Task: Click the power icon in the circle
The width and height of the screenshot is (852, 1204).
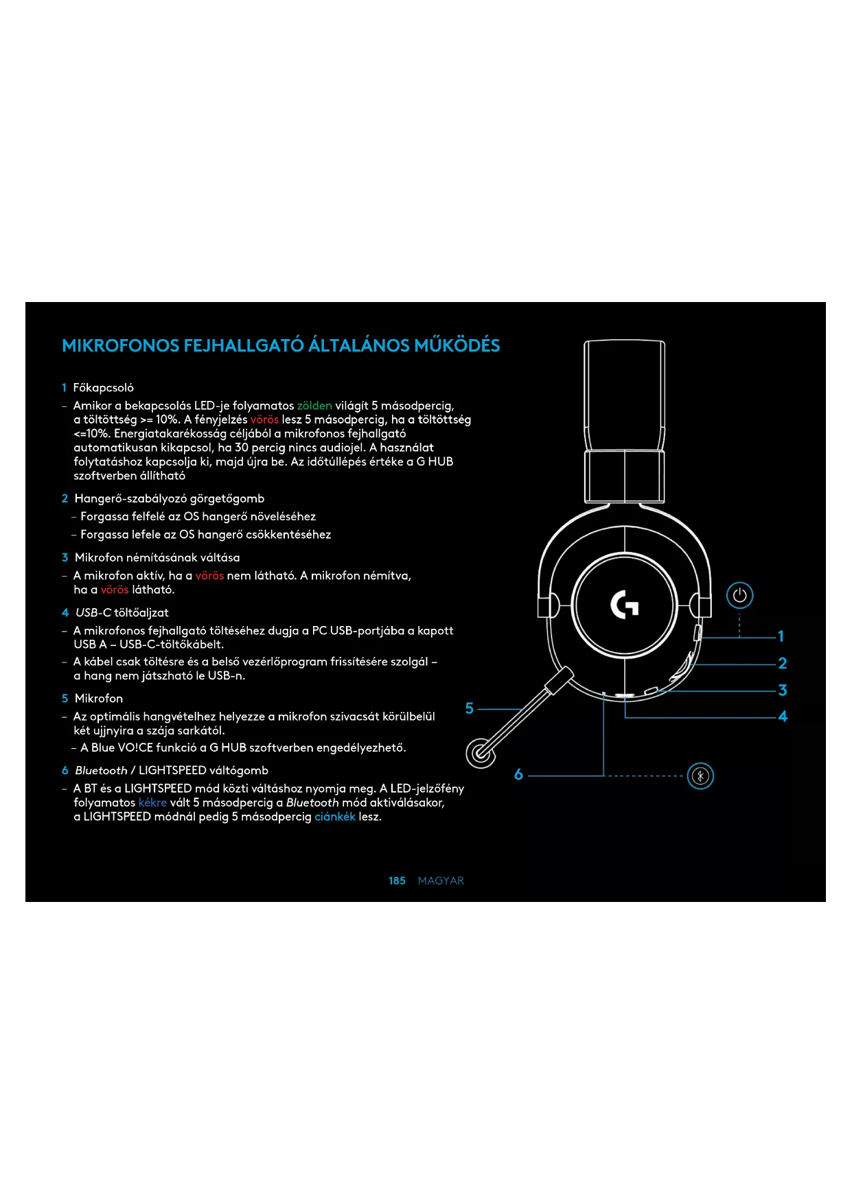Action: click(x=739, y=595)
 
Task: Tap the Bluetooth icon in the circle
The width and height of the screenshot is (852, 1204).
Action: click(x=700, y=776)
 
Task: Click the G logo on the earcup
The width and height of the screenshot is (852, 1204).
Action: click(x=625, y=604)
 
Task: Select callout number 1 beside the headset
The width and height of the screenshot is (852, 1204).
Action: click(x=781, y=636)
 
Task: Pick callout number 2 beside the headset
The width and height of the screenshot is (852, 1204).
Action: click(x=782, y=663)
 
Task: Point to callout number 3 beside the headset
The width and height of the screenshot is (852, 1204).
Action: click(x=782, y=690)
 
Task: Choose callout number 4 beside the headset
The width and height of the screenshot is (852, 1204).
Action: click(x=783, y=717)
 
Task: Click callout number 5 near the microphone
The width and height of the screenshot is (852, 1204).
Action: click(x=470, y=708)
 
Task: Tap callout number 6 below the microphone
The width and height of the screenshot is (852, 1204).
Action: click(x=518, y=775)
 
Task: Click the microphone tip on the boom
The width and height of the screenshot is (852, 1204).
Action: click(x=481, y=753)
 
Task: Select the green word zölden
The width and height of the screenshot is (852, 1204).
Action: click(x=314, y=406)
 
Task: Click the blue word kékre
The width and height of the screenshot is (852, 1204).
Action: click(x=152, y=802)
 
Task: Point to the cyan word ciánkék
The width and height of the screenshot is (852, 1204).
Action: click(x=335, y=817)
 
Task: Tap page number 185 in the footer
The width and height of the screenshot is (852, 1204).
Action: click(x=397, y=881)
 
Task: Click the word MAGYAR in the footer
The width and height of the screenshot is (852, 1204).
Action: click(x=441, y=881)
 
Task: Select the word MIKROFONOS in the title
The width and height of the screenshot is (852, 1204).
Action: click(x=120, y=345)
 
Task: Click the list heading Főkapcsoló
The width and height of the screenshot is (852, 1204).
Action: click(x=103, y=388)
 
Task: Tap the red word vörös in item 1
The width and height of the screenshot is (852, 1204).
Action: click(x=264, y=419)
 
